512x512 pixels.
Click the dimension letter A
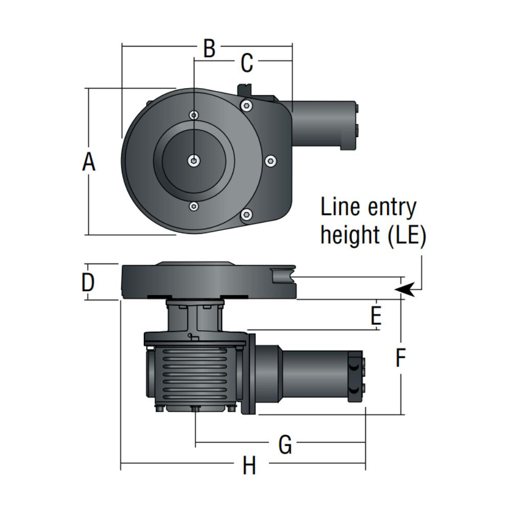pyautogui.click(x=89, y=163)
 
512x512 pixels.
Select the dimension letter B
pyautogui.click(x=209, y=49)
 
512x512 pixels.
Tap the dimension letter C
pyautogui.click(x=247, y=63)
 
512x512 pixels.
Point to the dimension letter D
pyautogui.click(x=89, y=282)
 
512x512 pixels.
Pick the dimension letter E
pyautogui.click(x=376, y=317)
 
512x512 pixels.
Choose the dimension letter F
pyautogui.click(x=401, y=358)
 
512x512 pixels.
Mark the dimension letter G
pyautogui.click(x=285, y=444)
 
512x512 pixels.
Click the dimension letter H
pyautogui.click(x=249, y=466)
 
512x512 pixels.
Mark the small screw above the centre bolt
pyautogui.click(x=194, y=115)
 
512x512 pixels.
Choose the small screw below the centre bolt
pyautogui.click(x=194, y=206)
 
